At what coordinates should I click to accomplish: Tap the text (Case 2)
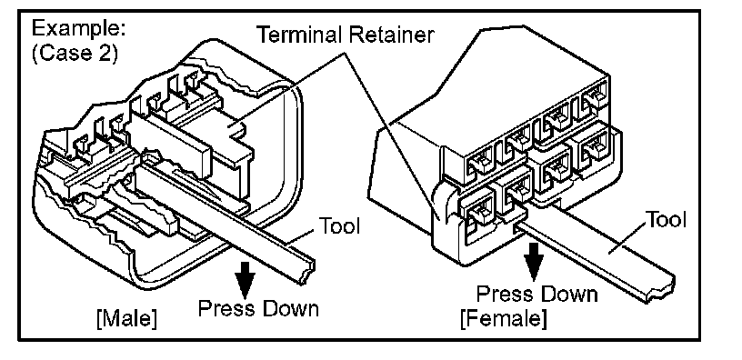(75, 53)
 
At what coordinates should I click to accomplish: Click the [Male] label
(125, 319)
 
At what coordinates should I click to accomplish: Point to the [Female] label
(504, 318)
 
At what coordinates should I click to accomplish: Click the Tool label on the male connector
(340, 225)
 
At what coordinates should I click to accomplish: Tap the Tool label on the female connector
(667, 219)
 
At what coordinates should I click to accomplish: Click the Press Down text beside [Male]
(258, 309)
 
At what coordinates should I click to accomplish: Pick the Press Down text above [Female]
(536, 294)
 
